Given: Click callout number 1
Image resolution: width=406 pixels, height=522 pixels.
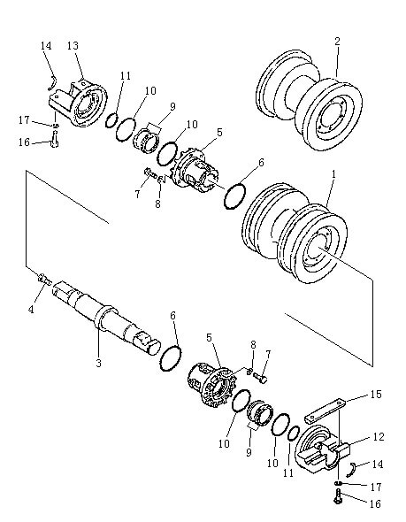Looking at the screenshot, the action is tap(333, 173).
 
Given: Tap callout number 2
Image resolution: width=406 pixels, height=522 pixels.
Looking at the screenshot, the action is tap(337, 42).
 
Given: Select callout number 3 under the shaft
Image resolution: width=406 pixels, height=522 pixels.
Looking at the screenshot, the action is tap(98, 363).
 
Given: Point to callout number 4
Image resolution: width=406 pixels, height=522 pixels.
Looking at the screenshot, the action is tap(31, 310).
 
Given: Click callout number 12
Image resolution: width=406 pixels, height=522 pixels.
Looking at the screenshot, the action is tap(379, 437).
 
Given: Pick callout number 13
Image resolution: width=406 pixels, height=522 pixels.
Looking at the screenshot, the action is tap(73, 45).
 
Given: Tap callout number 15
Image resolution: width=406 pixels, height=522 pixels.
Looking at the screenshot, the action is tap(376, 395).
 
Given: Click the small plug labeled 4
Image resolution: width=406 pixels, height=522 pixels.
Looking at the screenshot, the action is tap(45, 279).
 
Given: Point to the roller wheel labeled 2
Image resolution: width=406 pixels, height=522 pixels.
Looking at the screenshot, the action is tap(310, 100).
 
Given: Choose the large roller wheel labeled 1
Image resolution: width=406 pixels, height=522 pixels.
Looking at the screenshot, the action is tap(295, 233).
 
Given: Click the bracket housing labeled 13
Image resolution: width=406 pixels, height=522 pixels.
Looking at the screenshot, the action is tap(79, 102).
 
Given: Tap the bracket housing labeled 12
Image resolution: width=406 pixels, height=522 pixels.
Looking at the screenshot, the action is tap(322, 448).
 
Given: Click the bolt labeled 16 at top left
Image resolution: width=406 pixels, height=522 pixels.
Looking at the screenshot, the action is tap(55, 140).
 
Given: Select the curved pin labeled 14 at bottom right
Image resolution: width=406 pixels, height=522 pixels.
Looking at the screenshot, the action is tap(352, 469).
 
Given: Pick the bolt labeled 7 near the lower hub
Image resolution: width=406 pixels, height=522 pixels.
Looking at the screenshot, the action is tap(260, 378).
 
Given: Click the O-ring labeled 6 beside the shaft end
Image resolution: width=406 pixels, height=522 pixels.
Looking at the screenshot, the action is tap(171, 358).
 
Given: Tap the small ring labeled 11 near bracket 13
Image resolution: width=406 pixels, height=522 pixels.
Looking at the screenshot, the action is tap(111, 119).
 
